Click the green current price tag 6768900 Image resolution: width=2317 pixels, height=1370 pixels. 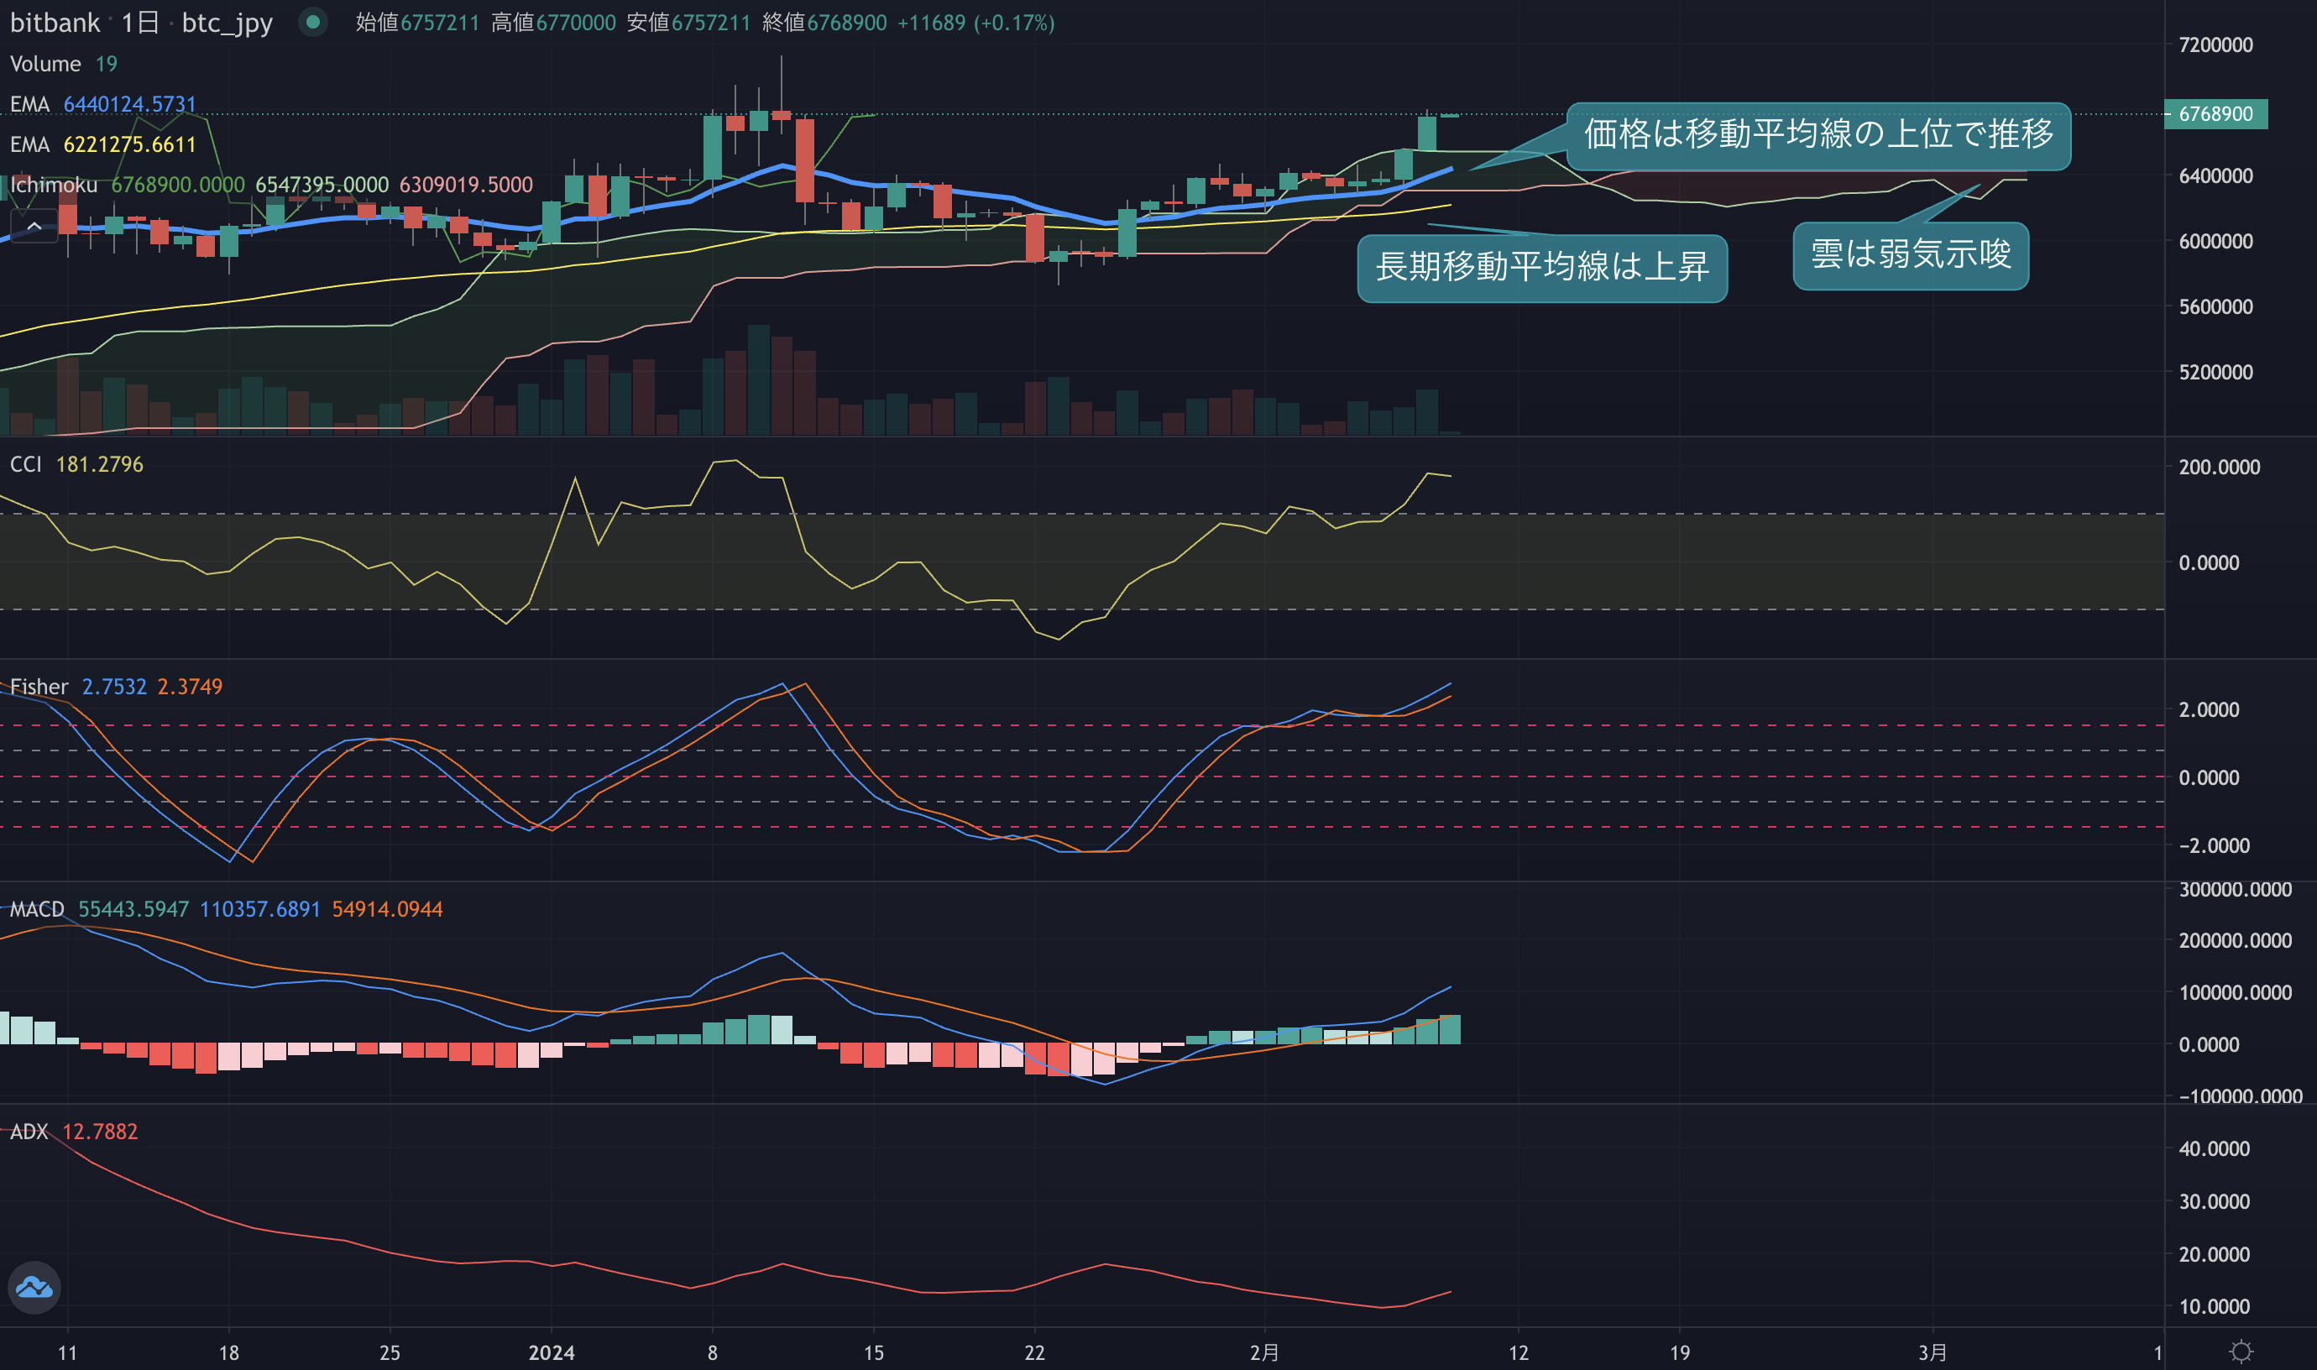(x=2215, y=113)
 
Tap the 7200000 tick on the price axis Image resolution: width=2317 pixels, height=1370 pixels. (x=2215, y=44)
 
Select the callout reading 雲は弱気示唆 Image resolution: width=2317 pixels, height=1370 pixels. (x=1910, y=255)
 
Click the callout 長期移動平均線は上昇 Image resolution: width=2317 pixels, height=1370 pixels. (x=1541, y=268)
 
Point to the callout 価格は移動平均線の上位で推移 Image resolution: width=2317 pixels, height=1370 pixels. (x=1818, y=135)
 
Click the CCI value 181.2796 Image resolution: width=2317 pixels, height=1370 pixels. (x=100, y=464)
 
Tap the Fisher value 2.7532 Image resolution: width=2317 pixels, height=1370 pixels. (x=114, y=687)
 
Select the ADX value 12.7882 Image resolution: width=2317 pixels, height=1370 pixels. (x=100, y=1132)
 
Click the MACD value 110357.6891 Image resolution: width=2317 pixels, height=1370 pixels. (x=260, y=909)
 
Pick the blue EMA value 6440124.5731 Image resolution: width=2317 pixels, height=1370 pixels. (x=130, y=104)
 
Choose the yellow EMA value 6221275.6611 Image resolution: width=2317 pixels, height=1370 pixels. (x=130, y=145)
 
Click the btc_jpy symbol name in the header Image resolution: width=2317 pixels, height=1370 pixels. (x=228, y=23)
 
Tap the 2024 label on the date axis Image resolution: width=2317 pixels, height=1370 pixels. (x=551, y=1352)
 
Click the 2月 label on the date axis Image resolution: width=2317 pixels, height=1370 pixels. (x=1263, y=1352)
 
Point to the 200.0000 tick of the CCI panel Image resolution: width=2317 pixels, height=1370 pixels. (x=2219, y=467)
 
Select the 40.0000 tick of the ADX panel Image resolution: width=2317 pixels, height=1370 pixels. (x=2215, y=1148)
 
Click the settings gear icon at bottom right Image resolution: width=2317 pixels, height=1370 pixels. (x=2241, y=1352)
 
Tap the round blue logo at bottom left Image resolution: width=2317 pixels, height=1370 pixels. (x=34, y=1287)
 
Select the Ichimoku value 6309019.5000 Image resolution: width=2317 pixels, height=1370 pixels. (x=465, y=185)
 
